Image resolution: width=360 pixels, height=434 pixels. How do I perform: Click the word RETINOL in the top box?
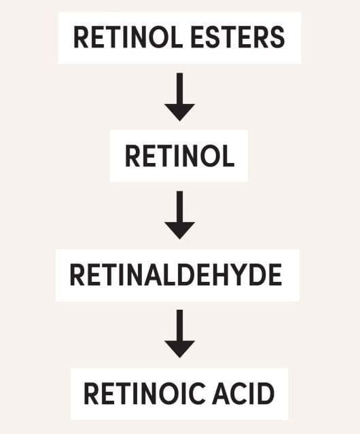[128, 37]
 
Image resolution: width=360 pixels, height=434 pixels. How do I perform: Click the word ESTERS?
[238, 37]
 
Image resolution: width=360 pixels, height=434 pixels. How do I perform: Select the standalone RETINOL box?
[179, 156]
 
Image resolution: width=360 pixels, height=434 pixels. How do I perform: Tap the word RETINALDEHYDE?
[176, 274]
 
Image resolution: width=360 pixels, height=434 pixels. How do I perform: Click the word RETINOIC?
[145, 393]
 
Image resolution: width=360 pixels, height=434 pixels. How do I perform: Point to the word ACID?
[243, 393]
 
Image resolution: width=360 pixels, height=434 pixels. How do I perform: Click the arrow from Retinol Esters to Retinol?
[179, 97]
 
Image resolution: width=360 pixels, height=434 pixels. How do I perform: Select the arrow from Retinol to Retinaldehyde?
[179, 215]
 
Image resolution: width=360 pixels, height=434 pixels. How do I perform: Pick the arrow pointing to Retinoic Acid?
[179, 333]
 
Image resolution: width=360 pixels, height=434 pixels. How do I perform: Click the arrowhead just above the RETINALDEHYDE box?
[179, 230]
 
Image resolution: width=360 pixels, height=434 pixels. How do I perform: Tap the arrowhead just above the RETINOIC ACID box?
[179, 349]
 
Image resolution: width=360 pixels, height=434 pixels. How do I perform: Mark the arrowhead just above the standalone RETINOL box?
[179, 112]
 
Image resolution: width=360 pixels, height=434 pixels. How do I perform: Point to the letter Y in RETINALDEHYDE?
[242, 274]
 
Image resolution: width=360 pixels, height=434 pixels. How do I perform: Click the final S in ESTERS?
[277, 37]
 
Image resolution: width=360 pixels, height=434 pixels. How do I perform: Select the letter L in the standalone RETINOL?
[228, 156]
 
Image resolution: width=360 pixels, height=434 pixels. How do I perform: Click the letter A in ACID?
[221, 393]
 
